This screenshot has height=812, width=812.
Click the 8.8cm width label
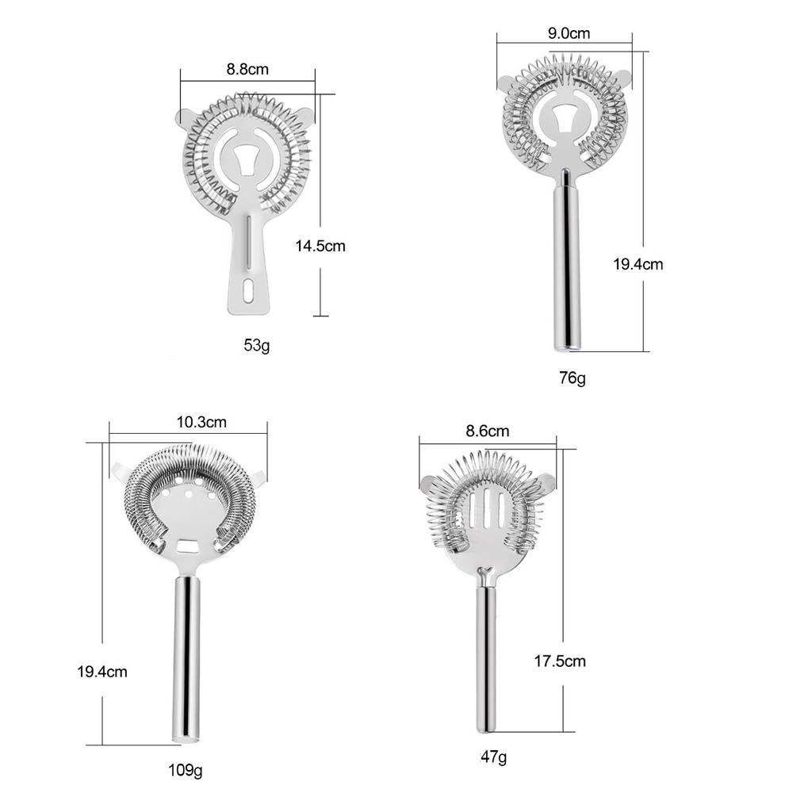[x=247, y=69]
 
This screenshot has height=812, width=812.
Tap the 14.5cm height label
[x=320, y=246]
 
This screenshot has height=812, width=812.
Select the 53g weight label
[x=257, y=345]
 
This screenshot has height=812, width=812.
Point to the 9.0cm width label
[x=569, y=33]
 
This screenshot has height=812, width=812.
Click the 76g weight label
[x=573, y=378]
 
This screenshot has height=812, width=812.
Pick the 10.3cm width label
[x=201, y=422]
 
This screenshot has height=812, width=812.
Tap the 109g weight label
[x=185, y=770]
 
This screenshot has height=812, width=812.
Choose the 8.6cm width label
[x=488, y=431]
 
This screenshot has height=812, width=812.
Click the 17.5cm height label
[x=560, y=661]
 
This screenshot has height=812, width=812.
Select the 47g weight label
[x=493, y=756]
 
